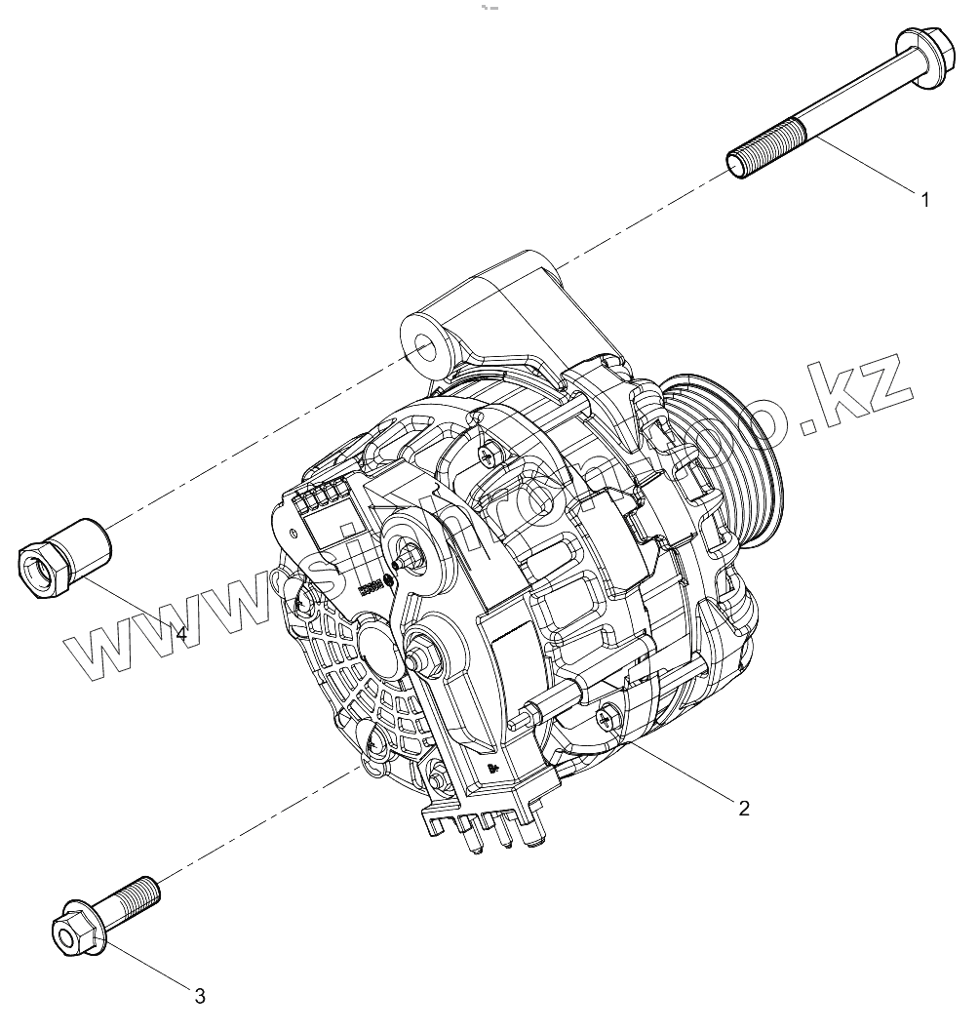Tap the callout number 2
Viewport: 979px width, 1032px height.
click(x=744, y=808)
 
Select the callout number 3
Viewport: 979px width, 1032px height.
click(x=199, y=996)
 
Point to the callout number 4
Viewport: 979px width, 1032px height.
click(x=180, y=633)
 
